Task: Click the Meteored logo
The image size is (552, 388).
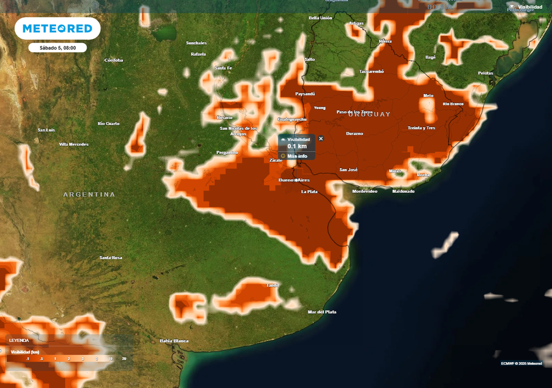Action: pos(57,29)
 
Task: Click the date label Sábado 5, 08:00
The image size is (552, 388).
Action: pos(58,48)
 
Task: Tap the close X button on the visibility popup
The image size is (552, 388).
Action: pos(321,138)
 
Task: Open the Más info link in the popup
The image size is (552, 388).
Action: pos(297,156)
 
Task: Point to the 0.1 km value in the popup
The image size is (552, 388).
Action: pos(297,146)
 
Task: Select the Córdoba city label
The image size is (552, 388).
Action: pos(114,60)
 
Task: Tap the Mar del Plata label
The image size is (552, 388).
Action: pos(322,312)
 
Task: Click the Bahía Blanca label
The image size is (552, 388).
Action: pos(174,341)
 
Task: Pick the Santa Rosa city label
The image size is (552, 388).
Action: pos(111,258)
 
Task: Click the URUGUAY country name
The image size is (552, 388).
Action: pos(369,114)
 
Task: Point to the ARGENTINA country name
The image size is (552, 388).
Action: pos(89,194)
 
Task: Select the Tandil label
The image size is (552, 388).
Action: pos(273,285)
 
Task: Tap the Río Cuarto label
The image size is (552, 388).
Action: pos(108,123)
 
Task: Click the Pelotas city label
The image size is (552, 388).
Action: pos(485,73)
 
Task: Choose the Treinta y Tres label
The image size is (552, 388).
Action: pos(421,128)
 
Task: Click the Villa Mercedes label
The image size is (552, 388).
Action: pos(73,144)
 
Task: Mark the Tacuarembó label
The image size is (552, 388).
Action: pos(371,71)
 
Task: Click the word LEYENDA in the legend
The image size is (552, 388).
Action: pos(19,340)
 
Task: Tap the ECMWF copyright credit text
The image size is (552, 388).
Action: pos(521,363)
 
